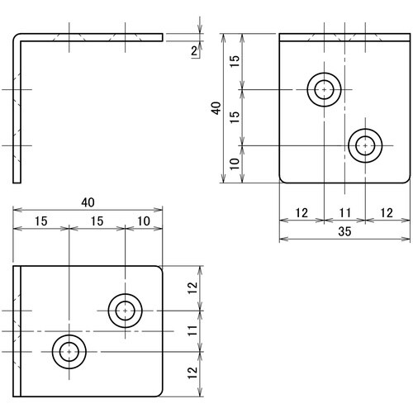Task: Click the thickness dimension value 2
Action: pyautogui.click(x=193, y=51)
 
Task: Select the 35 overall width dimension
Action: pyautogui.click(x=344, y=232)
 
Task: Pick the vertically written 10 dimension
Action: pyautogui.click(x=235, y=164)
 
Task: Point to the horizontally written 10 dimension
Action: pyautogui.click(x=143, y=222)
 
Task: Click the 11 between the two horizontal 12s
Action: pyautogui.click(x=344, y=213)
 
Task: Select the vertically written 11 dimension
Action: pyautogui.click(x=191, y=332)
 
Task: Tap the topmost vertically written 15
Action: pyautogui.click(x=235, y=61)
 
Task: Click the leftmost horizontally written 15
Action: pyautogui.click(x=40, y=222)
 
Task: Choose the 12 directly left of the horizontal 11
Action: pyautogui.click(x=301, y=213)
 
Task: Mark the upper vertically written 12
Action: pyautogui.click(x=191, y=288)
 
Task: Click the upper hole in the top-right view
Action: pyautogui.click(x=325, y=89)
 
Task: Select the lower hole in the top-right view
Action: pyautogui.click(x=365, y=145)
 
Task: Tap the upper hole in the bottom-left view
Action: pyautogui.click(x=125, y=311)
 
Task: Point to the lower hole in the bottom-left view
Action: pyautogui.click(x=69, y=352)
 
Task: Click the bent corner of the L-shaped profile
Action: pyautogui.click(x=17, y=37)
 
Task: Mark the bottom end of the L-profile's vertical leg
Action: pyautogui.click(x=17, y=182)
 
